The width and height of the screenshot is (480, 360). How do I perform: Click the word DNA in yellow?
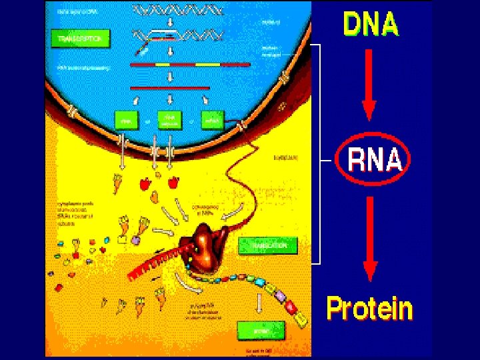pos(371,25)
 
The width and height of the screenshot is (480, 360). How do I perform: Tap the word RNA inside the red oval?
pos(375,161)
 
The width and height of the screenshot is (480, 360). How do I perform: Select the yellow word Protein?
pos(369,310)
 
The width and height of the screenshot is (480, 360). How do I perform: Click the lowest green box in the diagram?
pos(260,329)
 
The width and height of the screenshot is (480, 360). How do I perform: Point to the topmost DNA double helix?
pos(177,9)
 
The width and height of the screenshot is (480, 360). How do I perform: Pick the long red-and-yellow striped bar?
pos(190,65)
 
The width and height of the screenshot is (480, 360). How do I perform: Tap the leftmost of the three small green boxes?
pos(125,120)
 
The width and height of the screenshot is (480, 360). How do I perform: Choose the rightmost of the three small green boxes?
pos(213,121)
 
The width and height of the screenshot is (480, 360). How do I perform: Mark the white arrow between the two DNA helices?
pos(171,22)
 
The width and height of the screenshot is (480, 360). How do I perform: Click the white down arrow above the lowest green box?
pos(259,303)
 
